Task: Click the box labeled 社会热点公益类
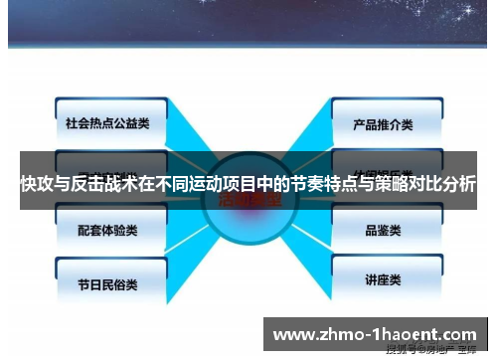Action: (x=105, y=124)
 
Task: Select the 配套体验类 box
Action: (x=107, y=229)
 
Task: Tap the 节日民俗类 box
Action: (x=107, y=282)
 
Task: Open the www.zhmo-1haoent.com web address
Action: (x=374, y=334)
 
